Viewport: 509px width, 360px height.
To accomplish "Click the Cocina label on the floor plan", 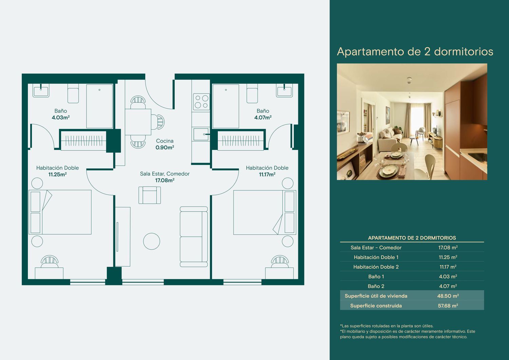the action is point(165,141).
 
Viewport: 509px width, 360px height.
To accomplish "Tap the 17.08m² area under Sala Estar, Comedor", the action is point(165,181).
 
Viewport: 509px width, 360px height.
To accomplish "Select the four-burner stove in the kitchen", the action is point(201,101).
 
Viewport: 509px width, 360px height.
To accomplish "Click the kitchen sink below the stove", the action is point(201,134).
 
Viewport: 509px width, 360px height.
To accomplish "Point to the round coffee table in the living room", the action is point(152,241).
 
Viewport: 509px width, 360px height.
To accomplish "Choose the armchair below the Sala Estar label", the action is point(150,195).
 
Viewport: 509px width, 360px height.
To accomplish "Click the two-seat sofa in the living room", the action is point(194,236).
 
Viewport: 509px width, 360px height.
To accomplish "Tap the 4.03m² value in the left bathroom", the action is point(61,117).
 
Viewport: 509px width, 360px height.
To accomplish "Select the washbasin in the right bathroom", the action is point(284,91).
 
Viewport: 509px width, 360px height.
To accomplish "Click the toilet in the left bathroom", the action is point(73,93).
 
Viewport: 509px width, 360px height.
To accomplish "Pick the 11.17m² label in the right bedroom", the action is point(267,174).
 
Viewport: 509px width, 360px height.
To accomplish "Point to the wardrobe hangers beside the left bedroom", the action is point(84,141).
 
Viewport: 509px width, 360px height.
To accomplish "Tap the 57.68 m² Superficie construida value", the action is point(448,306).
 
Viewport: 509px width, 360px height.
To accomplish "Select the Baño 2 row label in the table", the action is point(376,286).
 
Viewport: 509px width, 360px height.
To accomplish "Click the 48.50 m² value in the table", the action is point(448,296).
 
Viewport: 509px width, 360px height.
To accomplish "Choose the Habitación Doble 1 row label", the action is point(376,257).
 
